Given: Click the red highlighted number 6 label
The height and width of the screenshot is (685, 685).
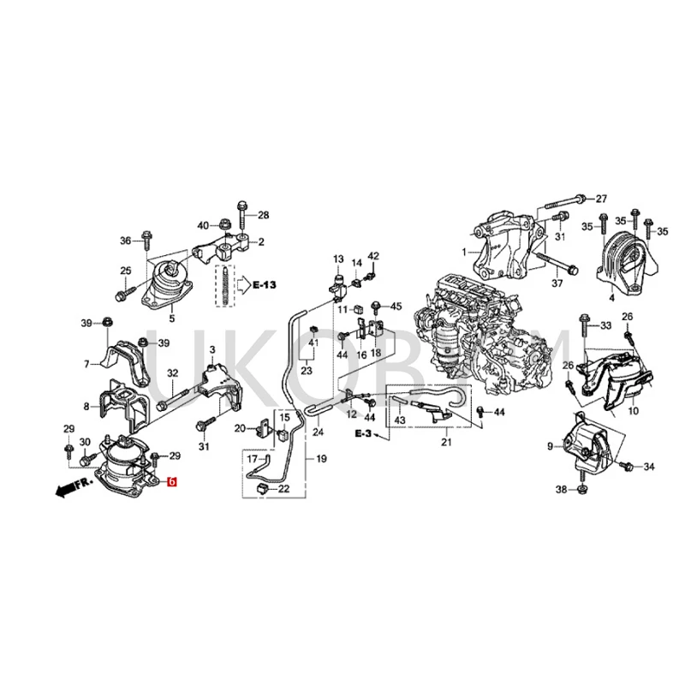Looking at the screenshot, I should [x=171, y=483].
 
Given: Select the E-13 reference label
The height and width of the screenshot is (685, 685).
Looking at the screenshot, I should [x=265, y=283].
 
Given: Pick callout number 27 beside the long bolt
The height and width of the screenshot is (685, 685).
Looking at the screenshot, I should [x=600, y=198].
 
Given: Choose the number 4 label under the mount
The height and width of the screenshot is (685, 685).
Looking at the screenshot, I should [x=611, y=299].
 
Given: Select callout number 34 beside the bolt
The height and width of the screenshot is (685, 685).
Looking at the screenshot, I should [x=648, y=467].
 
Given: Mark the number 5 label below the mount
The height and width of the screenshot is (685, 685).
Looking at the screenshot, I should [x=171, y=319].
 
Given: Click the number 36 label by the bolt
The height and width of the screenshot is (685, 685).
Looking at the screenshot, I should [x=126, y=241].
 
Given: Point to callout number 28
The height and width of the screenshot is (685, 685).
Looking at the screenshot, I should [x=263, y=215].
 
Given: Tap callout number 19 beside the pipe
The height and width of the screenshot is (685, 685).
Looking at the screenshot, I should [x=321, y=460].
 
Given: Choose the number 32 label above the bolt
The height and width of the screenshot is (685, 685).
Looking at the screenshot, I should [x=171, y=373].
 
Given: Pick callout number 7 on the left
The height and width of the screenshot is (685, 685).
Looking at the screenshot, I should [x=86, y=364].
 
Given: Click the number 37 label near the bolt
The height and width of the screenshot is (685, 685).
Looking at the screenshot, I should [x=557, y=283].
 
